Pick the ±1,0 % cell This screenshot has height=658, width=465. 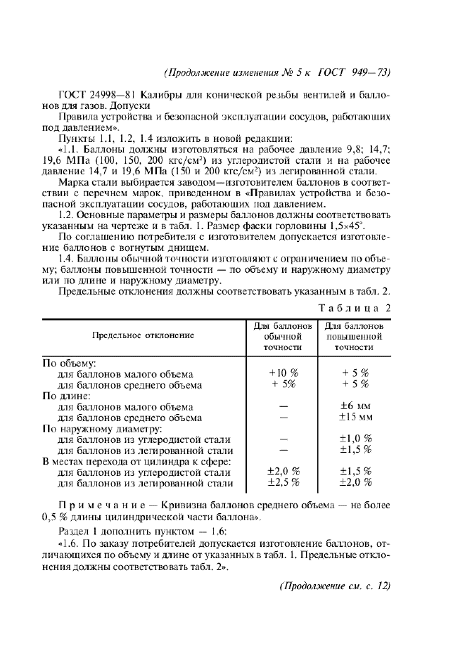pyautogui.click(x=355, y=439)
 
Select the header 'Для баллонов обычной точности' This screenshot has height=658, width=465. pyautogui.click(x=283, y=337)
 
